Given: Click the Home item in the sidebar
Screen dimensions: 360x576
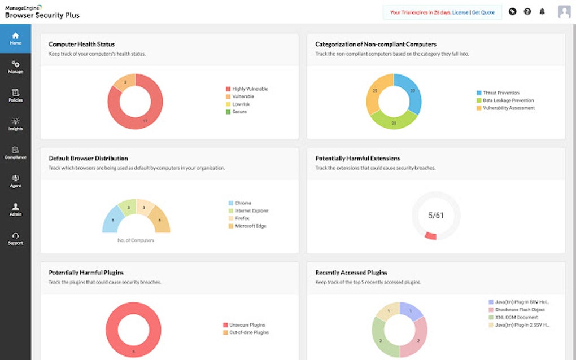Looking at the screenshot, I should coord(15,38).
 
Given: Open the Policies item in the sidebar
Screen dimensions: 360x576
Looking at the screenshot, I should coord(15,95).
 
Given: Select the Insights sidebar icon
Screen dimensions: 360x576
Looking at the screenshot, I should coord(15,124).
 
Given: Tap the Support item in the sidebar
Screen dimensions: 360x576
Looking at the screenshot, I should coord(15,238).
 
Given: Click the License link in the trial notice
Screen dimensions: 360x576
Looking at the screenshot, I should coord(460,12).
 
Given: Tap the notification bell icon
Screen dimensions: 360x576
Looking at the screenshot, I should coord(542,11).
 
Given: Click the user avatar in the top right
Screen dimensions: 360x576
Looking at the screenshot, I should coord(564,11).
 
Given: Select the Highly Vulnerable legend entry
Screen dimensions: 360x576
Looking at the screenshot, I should coord(249,89).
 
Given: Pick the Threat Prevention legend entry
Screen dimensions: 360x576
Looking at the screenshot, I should coord(500,93).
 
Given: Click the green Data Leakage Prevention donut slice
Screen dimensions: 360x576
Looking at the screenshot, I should coord(393,121).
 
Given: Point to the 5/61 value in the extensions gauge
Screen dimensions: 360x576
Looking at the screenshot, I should coord(435,215).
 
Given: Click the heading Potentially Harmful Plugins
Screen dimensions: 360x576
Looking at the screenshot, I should coord(86,273).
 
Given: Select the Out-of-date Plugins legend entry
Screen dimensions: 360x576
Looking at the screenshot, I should coord(248,332).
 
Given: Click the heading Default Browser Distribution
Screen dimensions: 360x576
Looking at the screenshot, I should coord(88,159).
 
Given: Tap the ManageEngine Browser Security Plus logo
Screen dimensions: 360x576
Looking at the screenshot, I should coord(42,12).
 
